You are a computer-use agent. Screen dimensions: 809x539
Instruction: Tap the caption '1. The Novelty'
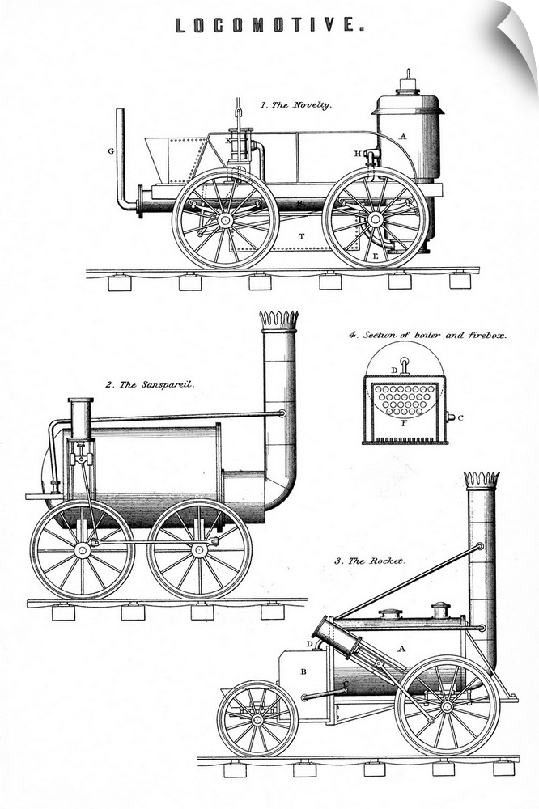tap(295, 105)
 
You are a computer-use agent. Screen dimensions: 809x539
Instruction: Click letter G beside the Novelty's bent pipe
tap(110, 150)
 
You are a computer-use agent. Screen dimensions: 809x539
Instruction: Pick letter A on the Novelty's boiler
tap(402, 137)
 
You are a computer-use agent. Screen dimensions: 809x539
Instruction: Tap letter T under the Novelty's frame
tap(302, 236)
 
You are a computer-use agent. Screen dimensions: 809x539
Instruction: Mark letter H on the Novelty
tap(357, 153)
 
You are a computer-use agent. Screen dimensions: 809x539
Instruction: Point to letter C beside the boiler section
tap(460, 417)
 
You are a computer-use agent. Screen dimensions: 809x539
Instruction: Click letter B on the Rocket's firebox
tap(303, 671)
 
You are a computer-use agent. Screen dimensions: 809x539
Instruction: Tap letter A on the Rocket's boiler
tap(402, 649)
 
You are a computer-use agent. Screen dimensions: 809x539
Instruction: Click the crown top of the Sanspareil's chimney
tap(278, 319)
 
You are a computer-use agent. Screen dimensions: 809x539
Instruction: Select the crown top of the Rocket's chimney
tap(481, 479)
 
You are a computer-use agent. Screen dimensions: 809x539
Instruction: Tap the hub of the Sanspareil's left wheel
tap(82, 550)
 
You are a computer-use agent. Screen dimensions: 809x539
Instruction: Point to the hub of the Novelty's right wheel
tap(375, 218)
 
